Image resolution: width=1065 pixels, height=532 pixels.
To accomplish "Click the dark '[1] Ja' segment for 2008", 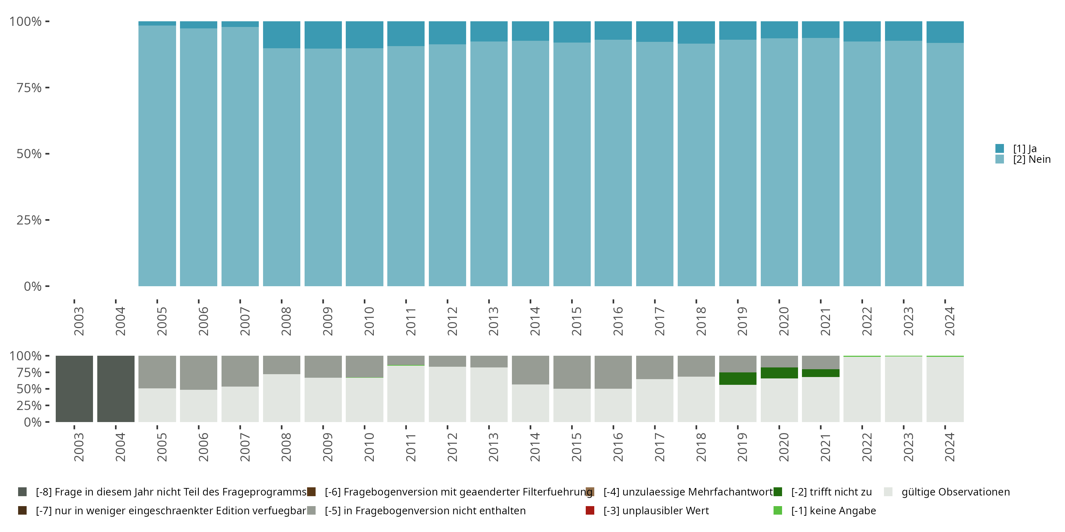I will tap(282, 35).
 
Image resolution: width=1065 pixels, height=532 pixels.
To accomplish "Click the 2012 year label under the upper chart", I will tap(452, 321).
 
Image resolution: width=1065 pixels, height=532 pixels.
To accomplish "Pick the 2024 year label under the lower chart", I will tap(949, 447).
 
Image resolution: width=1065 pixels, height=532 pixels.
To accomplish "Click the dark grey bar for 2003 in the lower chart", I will tap(75, 389).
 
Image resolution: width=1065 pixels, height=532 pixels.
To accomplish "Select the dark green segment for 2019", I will tap(738, 378).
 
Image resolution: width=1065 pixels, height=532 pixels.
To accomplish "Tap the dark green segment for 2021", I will tap(821, 373).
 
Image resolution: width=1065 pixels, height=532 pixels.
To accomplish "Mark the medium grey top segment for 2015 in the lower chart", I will tap(572, 372).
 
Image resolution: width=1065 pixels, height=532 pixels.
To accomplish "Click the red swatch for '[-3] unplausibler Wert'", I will tap(590, 510).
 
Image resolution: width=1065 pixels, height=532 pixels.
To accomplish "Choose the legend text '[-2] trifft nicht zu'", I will tap(831, 492).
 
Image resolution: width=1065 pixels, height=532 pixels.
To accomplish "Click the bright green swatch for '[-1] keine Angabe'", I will tap(778, 510).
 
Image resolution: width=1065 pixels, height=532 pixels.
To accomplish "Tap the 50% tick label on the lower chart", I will tap(29, 389).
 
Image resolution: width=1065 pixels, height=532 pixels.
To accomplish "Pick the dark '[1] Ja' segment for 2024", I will tap(945, 32).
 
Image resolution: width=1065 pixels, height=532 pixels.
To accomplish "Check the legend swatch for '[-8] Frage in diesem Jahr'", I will tap(22, 492).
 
